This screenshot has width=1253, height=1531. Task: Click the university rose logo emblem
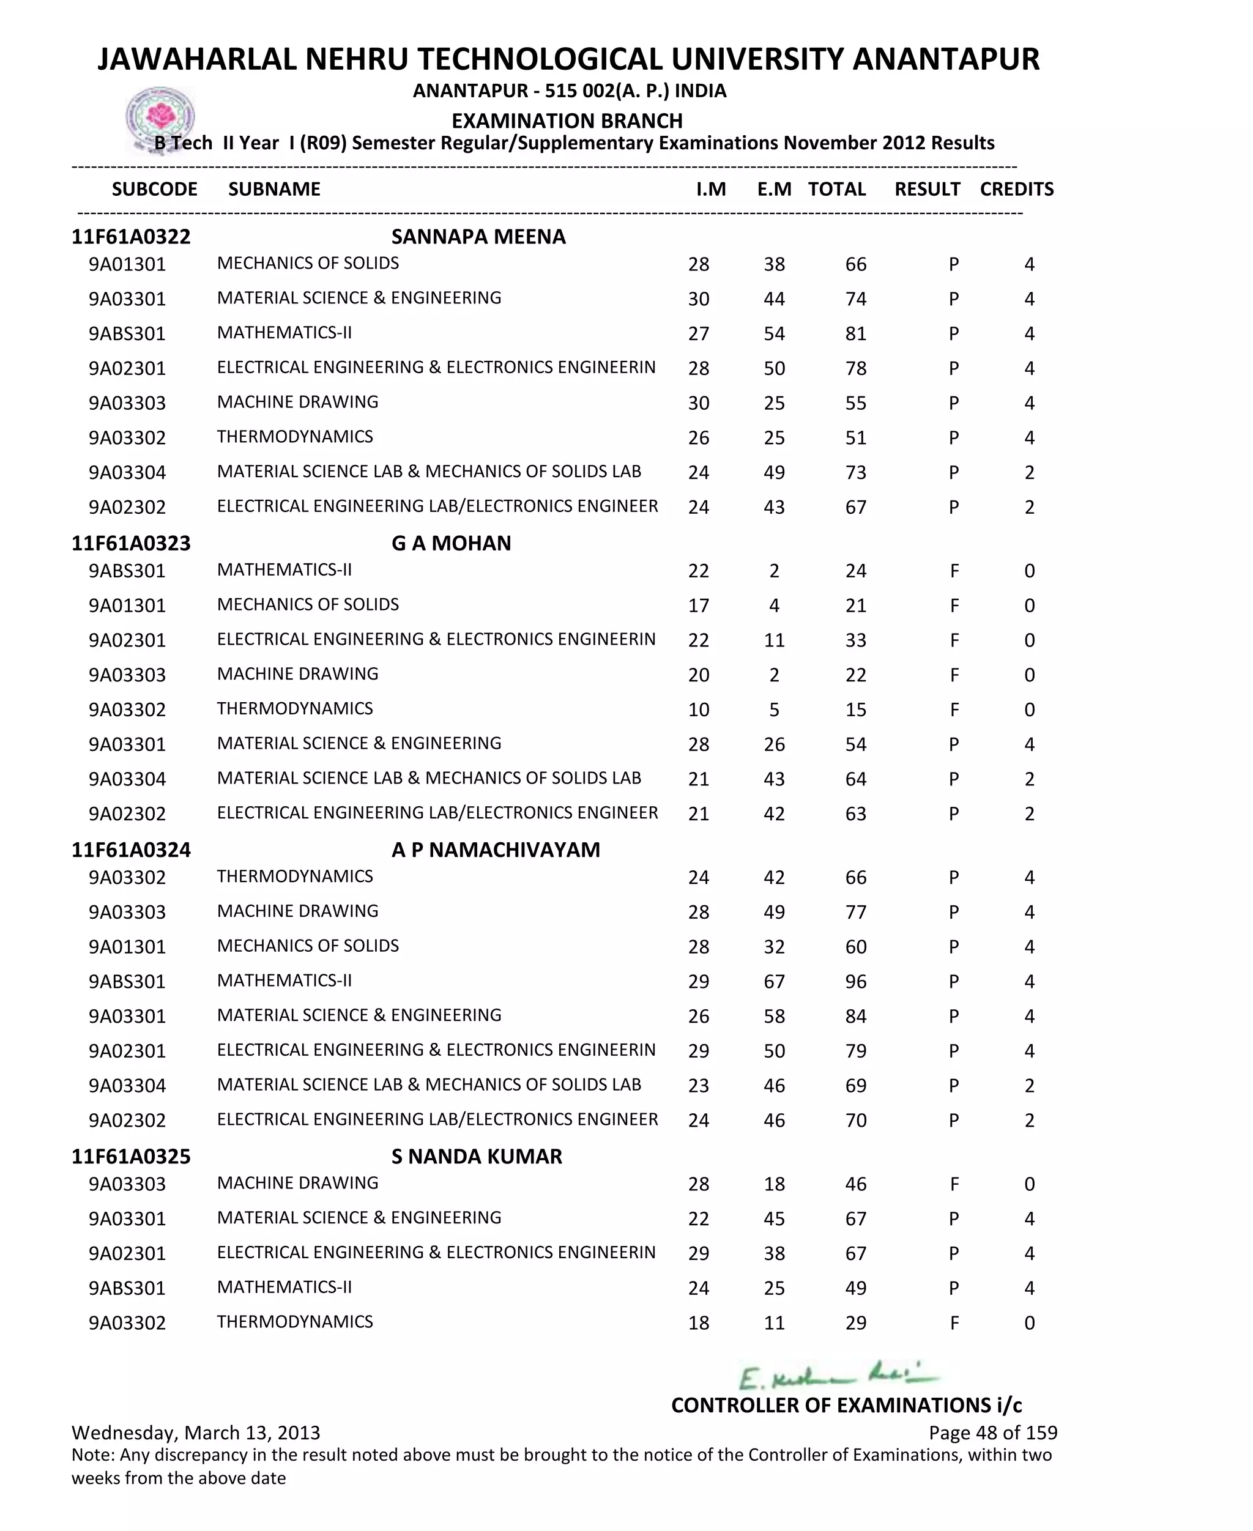[160, 116]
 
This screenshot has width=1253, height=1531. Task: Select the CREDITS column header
[1016, 189]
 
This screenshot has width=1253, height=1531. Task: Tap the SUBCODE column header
[154, 189]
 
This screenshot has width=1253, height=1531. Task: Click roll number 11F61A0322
[131, 237]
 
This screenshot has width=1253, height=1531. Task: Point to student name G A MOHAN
[451, 543]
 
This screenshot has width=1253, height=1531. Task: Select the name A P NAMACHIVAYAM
[495, 850]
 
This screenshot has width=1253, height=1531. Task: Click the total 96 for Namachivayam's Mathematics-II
[855, 982]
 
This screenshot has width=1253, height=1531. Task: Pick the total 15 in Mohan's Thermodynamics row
[855, 710]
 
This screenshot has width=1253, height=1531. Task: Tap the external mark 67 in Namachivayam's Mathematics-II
[774, 982]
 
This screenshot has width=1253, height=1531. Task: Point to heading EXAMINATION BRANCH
[567, 120]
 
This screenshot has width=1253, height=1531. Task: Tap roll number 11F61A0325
[131, 1157]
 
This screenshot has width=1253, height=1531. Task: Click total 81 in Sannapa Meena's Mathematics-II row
[855, 334]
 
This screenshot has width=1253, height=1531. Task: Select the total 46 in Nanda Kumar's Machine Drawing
[855, 1185]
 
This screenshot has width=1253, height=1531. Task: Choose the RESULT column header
[927, 189]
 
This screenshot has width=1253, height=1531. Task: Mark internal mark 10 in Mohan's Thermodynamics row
[698, 710]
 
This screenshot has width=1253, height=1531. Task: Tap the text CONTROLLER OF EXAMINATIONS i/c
[846, 1406]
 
